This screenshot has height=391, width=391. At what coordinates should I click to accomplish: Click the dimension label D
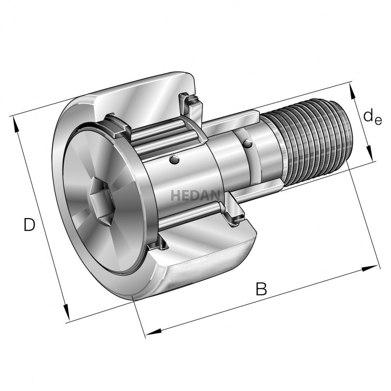click(29, 224)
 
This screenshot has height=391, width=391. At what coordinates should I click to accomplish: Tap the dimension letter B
click(261, 289)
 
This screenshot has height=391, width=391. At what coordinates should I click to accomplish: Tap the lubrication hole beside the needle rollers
click(174, 160)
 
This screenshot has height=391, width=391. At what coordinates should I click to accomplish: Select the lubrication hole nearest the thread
click(248, 144)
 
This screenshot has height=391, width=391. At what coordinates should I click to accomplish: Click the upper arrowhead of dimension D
click(16, 124)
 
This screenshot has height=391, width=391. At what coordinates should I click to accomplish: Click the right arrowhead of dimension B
click(369, 269)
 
